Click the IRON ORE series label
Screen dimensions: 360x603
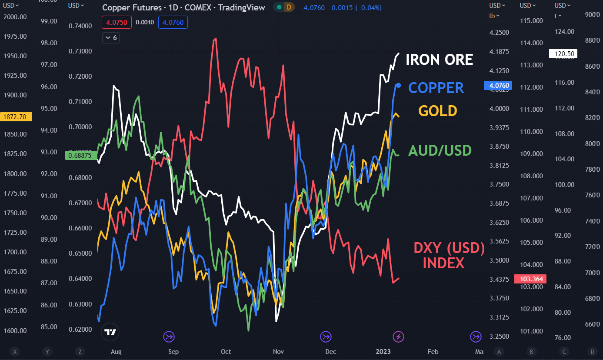[x=439, y=60]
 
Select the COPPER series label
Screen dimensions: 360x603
[x=436, y=88]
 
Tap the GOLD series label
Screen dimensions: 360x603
[x=438, y=111]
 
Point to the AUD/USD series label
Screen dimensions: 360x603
[x=440, y=151]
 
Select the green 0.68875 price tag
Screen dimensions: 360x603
[x=80, y=155]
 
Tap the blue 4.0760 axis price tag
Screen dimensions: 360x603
[x=498, y=86]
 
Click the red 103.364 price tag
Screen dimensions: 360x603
[x=530, y=279]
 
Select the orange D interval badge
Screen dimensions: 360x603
[x=289, y=7]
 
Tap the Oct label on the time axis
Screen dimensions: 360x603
[x=226, y=352]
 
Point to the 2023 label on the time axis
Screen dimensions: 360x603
[x=383, y=352]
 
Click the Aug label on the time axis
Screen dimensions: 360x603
[x=116, y=352]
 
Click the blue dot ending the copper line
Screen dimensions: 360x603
[x=399, y=85]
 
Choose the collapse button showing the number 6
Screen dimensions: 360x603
[x=111, y=38]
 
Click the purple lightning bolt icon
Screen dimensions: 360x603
[x=399, y=336]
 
